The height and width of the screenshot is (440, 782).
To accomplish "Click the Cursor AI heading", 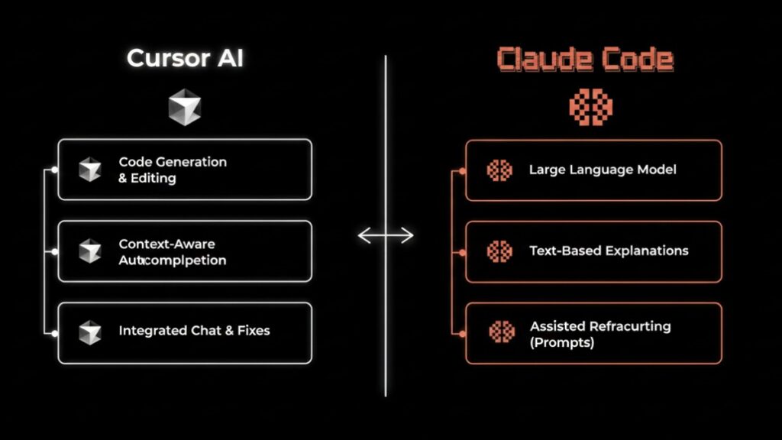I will click(x=185, y=58).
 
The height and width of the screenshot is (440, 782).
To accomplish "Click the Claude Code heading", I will click(x=585, y=60).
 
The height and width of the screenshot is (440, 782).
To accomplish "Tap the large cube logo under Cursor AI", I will click(x=185, y=106).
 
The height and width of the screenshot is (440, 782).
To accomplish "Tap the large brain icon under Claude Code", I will click(x=590, y=105).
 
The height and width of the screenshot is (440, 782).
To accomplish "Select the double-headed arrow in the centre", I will click(x=386, y=235).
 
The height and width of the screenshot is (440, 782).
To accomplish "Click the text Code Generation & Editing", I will click(x=172, y=170).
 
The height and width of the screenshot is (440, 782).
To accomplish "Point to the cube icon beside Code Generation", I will click(x=90, y=170).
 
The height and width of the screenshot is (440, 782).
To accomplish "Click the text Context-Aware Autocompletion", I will click(x=172, y=251).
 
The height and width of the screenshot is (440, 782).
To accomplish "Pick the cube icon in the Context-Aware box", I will click(x=90, y=251).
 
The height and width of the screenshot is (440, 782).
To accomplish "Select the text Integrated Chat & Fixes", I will click(x=194, y=331).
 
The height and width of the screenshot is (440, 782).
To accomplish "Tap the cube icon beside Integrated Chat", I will click(x=90, y=332).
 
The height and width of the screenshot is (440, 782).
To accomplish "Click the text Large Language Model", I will click(x=602, y=170).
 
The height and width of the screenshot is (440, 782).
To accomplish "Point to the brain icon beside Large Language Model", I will click(x=499, y=170).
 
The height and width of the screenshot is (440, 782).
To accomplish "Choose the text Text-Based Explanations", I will click(x=608, y=251).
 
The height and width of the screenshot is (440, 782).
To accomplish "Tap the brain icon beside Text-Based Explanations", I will click(x=499, y=251).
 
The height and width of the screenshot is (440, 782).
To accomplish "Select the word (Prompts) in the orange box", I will click(x=561, y=342).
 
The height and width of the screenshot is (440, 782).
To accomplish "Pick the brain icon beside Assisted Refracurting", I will click(x=501, y=332).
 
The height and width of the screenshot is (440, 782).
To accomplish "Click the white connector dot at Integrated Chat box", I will click(x=53, y=332).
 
